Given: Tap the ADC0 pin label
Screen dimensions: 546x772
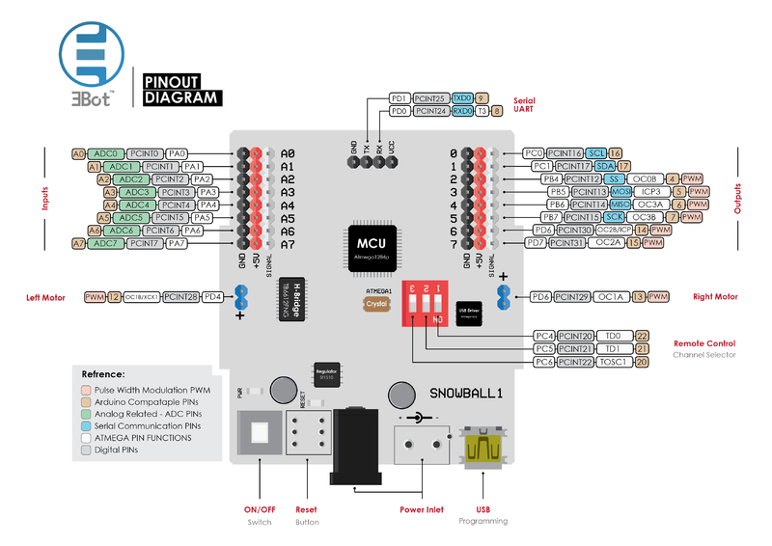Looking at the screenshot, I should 105,153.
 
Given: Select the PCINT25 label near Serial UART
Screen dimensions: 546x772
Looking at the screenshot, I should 430,98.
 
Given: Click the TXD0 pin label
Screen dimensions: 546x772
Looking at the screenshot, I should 462,98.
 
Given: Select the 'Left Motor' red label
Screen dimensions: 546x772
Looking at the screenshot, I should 45,297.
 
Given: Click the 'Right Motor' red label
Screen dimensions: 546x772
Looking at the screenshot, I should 714,297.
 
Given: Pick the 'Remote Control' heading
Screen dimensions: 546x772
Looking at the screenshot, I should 703,343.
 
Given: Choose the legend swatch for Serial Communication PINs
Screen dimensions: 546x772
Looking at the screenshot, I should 87,424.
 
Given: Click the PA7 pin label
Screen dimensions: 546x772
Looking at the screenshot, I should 176,244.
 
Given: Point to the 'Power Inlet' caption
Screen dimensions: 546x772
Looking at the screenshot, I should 422,509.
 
